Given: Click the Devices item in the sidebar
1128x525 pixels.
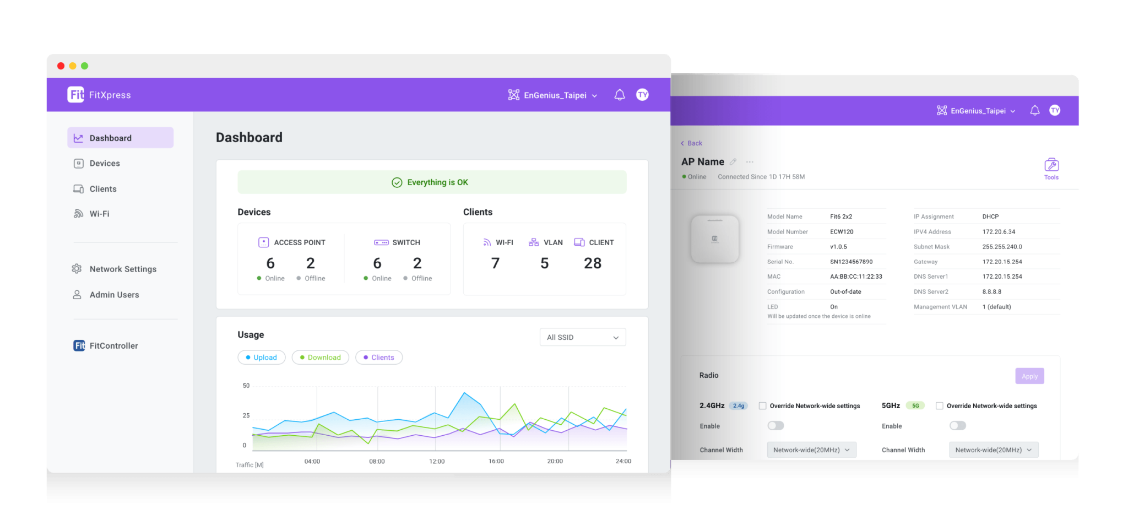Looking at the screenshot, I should [x=104, y=164].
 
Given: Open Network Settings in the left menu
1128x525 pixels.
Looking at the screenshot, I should [x=122, y=269].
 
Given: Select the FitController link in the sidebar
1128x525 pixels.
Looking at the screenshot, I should [x=113, y=346].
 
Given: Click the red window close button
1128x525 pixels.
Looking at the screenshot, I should [x=61, y=66].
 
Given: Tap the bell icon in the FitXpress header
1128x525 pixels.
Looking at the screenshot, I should [x=620, y=95].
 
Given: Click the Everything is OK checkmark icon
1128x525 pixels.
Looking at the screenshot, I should [x=397, y=182].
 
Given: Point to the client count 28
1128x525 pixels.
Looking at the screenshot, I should [x=593, y=263].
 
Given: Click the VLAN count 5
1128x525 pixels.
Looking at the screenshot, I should [x=544, y=263].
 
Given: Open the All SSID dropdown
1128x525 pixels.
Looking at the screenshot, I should [x=582, y=337].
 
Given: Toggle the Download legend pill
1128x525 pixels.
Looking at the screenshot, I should [x=320, y=358].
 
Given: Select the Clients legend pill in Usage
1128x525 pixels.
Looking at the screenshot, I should [x=379, y=358].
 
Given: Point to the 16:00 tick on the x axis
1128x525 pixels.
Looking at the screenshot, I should [x=496, y=461].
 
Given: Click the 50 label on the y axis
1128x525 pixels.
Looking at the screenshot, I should [x=246, y=386].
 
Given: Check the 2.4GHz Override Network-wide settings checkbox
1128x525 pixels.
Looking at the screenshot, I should [x=763, y=406].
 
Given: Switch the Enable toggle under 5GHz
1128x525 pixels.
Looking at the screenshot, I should [x=957, y=426].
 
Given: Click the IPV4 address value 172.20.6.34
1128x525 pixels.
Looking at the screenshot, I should [x=999, y=232].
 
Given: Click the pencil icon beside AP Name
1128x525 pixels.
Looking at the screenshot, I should [x=733, y=162].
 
